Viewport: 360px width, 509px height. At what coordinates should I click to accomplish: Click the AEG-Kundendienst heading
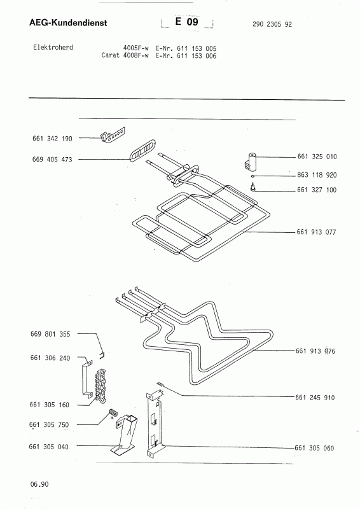point(68,23)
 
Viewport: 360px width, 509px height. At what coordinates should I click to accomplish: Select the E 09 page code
point(186,22)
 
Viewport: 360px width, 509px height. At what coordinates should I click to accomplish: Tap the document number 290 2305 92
point(272,24)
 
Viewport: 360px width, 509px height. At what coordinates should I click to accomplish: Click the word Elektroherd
point(53,47)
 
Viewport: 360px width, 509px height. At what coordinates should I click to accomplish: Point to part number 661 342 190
point(52,139)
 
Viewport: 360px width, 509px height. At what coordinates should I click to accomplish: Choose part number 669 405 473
point(52,160)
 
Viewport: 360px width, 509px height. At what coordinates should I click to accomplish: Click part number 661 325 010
point(317,157)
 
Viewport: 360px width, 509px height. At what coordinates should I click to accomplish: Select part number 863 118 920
point(317,176)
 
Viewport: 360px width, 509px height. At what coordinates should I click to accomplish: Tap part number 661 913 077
point(316,232)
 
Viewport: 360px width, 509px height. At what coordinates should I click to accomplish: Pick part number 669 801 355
point(50,334)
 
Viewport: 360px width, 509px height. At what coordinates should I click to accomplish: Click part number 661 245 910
point(315,398)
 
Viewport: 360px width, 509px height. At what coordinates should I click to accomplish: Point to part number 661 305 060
point(314,449)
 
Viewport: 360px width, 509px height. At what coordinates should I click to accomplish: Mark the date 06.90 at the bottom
point(39,484)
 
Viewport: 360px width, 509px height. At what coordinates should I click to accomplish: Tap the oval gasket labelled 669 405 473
point(142,150)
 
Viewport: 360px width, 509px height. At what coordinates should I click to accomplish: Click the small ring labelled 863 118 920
point(253,176)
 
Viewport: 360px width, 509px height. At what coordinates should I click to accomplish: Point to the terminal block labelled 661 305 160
point(100,382)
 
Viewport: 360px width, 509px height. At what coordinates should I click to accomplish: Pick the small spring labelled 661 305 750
point(113,412)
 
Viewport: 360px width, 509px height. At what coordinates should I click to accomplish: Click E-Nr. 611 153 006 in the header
point(186,56)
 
